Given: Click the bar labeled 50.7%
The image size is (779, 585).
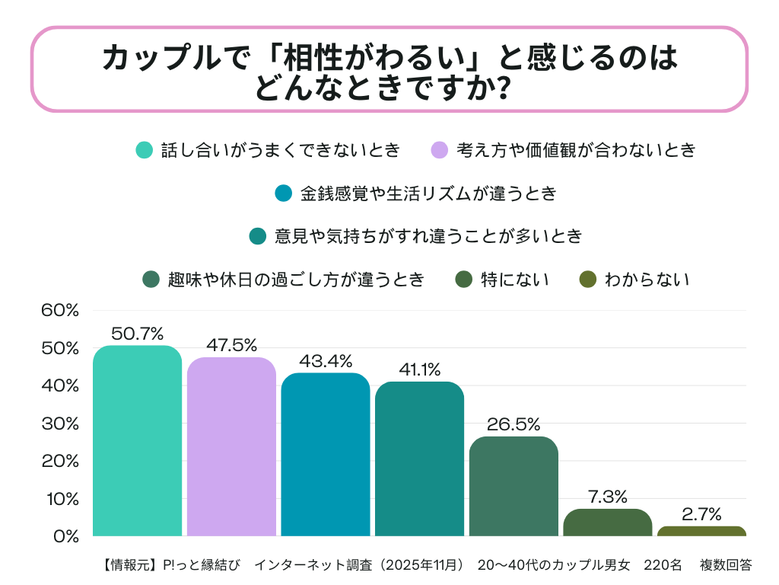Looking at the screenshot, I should point(137,441).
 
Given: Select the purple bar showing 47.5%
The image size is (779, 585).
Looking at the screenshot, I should point(231,447).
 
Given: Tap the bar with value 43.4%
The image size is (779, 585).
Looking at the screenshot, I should point(326,455).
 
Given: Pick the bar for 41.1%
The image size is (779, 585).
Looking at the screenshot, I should point(419,459).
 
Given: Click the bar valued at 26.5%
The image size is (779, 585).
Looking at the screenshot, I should point(514,487).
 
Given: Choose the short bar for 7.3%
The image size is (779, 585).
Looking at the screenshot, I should point(608,523).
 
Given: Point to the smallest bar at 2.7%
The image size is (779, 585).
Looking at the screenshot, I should point(701,531).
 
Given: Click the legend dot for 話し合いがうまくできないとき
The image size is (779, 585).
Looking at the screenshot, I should point(145,150).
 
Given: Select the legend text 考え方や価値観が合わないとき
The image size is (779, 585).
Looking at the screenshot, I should point(576,150).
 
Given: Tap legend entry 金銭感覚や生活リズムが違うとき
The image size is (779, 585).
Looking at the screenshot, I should point(428,193).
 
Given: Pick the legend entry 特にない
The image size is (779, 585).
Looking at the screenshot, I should point(514,280).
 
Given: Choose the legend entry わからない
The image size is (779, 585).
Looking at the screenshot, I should point(647,280).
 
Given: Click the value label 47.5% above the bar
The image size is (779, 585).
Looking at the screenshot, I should point(231,345).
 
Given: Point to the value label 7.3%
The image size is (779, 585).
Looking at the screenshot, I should point(608,497).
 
